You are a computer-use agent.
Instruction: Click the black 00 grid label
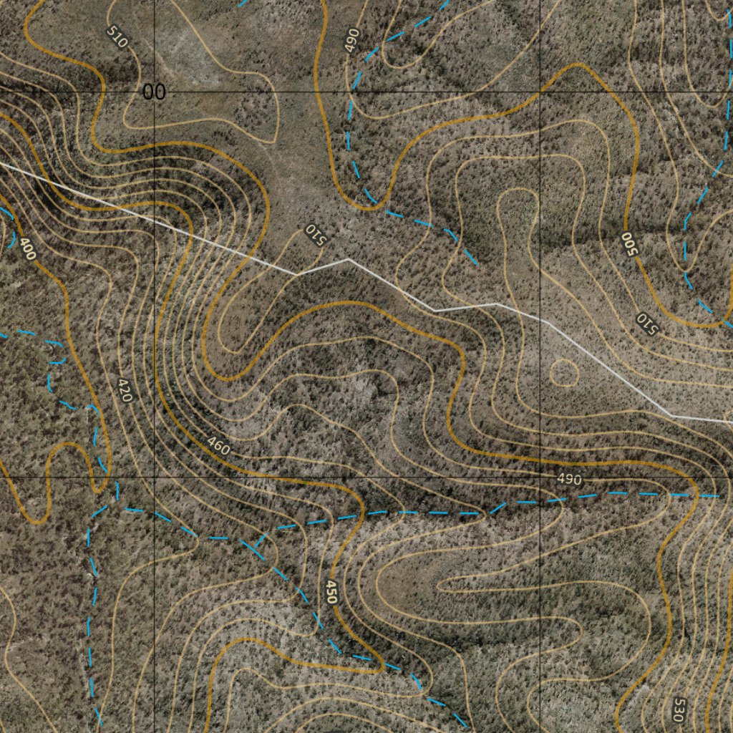(x=154, y=92)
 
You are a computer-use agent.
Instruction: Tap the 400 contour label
(x=27, y=249)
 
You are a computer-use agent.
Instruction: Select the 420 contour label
(x=125, y=390)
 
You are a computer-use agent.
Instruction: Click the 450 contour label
(x=331, y=593)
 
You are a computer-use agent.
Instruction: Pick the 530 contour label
(x=678, y=709)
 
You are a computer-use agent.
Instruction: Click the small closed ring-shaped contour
(x=564, y=372)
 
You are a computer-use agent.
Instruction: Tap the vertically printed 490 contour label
(x=351, y=41)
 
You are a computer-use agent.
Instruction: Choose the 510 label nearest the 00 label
(x=117, y=37)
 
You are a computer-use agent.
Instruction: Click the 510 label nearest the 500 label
(x=646, y=323)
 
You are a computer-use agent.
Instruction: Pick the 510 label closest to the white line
(x=315, y=234)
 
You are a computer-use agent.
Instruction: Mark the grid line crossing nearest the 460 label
(x=155, y=477)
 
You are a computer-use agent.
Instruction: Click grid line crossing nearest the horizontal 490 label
(x=540, y=477)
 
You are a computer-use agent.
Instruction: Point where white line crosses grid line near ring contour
(x=540, y=319)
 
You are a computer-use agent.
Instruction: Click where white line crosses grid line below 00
(x=155, y=220)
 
